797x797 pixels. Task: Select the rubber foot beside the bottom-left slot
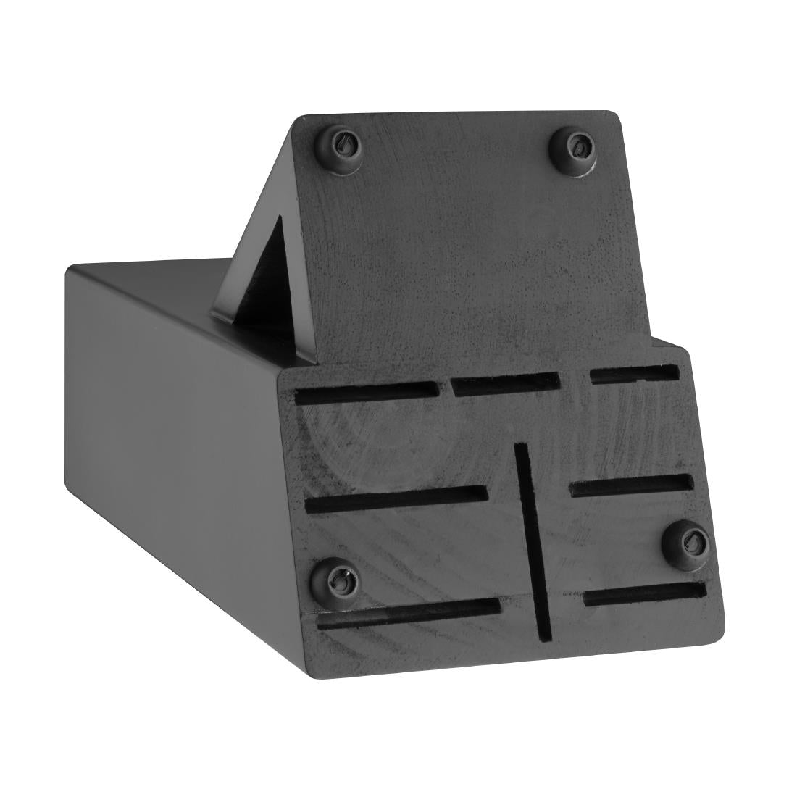point(337,578)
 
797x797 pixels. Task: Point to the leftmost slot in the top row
point(367,393)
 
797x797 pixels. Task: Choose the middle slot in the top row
point(505,383)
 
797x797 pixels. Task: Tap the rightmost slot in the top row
point(634,374)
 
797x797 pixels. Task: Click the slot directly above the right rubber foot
point(631,485)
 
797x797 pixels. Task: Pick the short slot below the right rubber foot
point(643,594)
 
